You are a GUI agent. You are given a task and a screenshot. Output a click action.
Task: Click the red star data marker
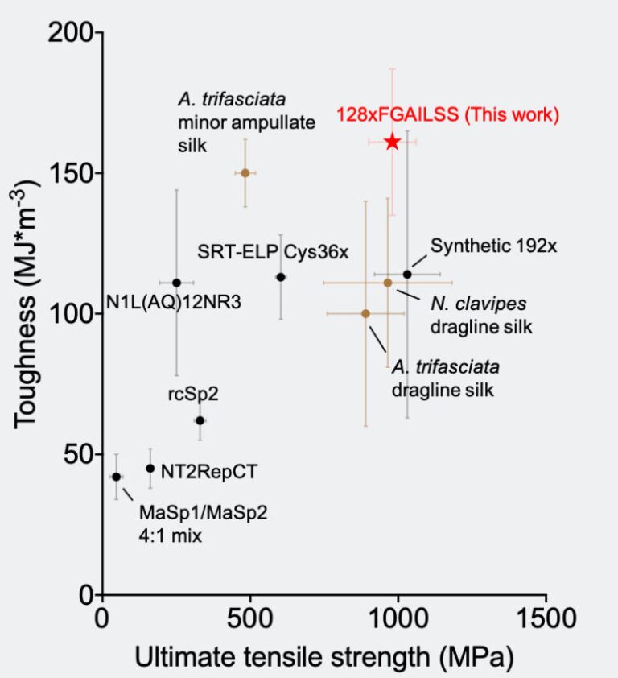tap(392, 142)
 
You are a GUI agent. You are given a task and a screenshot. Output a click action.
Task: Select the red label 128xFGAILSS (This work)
tap(447, 115)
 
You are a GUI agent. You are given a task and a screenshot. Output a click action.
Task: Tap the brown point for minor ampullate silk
tap(245, 172)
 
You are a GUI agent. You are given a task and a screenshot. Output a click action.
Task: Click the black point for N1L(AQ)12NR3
tap(176, 283)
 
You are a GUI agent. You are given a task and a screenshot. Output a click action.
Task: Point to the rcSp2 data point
tap(200, 420)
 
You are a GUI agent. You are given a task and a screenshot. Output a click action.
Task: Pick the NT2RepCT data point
tap(150, 468)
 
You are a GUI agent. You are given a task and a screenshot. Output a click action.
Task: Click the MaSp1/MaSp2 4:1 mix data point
tap(116, 477)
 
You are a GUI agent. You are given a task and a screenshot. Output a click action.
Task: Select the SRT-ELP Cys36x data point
tap(281, 277)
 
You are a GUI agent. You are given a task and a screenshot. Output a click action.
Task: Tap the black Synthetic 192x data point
tap(407, 275)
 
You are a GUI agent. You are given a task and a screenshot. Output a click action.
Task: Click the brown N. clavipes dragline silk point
tap(387, 283)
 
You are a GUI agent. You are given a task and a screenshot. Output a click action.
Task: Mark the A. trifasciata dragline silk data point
tap(365, 313)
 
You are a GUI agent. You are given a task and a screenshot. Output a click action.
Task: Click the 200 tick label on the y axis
tap(70, 33)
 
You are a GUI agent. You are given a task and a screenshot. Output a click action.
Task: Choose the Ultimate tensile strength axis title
tap(323, 657)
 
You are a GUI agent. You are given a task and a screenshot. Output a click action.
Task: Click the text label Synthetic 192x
tap(493, 246)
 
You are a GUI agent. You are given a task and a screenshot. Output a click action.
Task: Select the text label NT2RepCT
tap(209, 471)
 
